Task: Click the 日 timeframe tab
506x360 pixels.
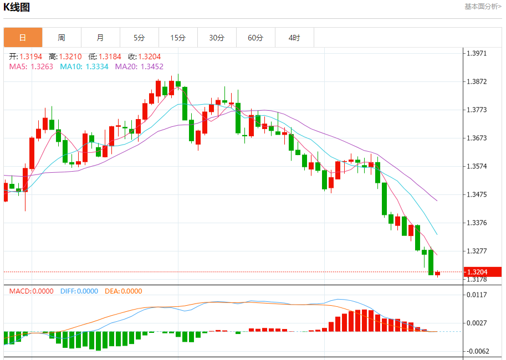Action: (23, 38)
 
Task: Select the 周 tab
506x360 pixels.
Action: (62, 38)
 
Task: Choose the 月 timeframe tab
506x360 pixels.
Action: (100, 38)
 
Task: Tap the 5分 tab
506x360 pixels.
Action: (139, 38)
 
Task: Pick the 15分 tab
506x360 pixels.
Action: (178, 38)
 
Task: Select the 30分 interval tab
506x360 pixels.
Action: (217, 38)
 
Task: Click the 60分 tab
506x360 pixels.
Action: (255, 38)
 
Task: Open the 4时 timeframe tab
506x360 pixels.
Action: (294, 38)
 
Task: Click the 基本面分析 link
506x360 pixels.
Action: (483, 7)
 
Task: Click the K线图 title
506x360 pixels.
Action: (17, 7)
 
